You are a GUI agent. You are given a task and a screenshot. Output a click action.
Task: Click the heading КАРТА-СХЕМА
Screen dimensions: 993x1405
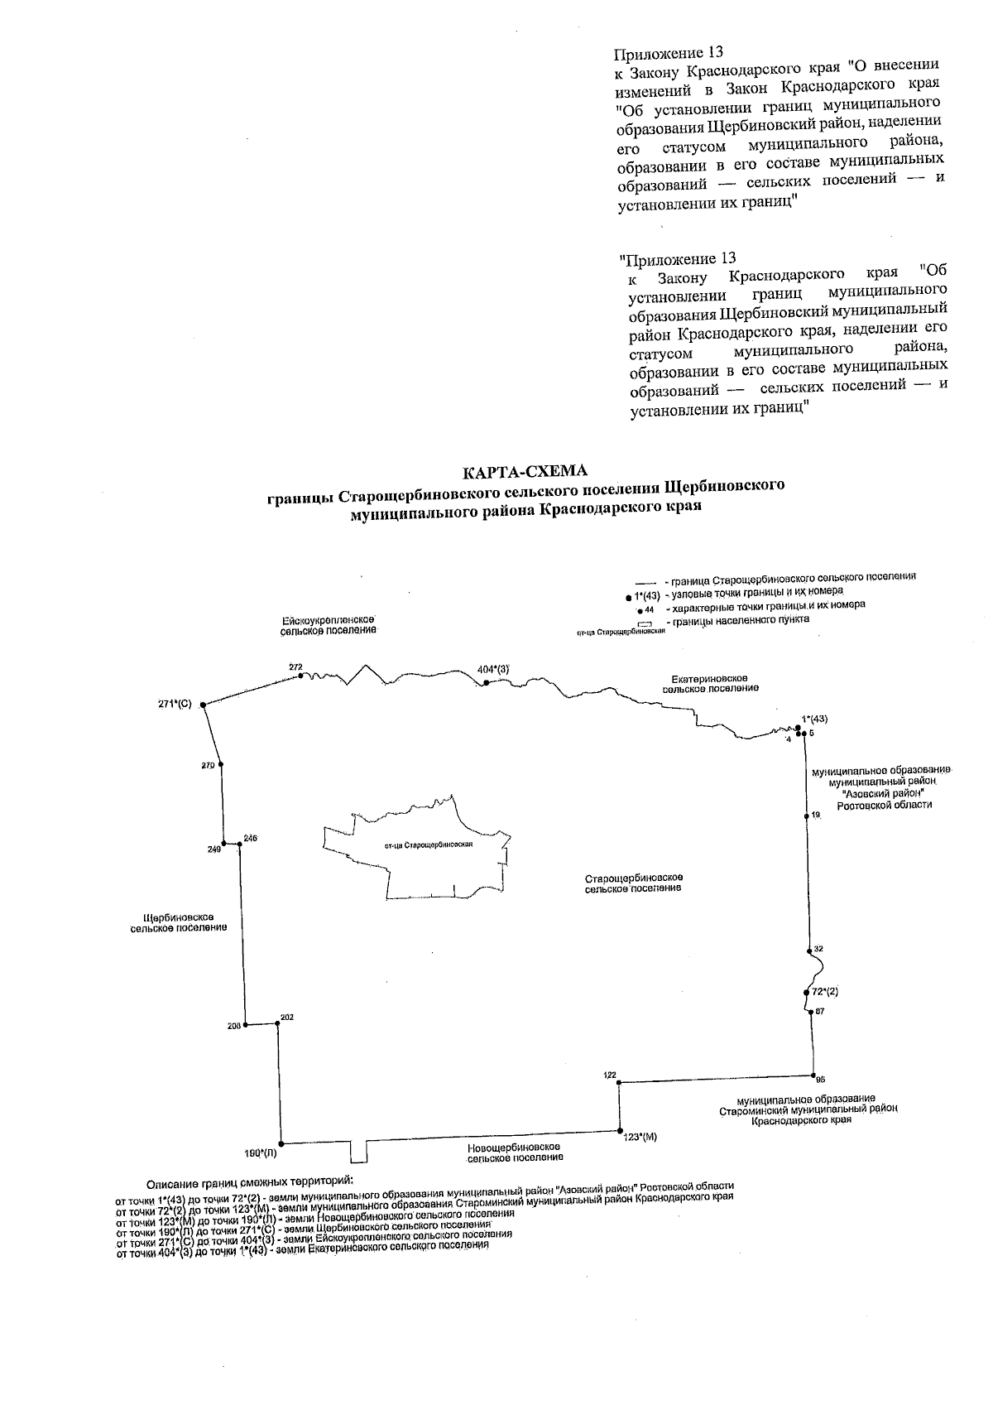tap(525, 472)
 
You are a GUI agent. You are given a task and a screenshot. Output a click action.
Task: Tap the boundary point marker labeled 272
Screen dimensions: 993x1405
tap(300, 676)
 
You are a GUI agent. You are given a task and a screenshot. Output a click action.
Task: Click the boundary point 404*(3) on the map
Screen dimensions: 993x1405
tap(487, 682)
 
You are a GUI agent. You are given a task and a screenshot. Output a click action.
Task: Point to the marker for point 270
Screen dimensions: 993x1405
tap(220, 766)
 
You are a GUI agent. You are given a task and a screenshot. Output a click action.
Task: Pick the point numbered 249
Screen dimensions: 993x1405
tap(224, 844)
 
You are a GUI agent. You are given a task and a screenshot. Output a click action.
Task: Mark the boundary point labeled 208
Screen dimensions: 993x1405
tap(245, 1025)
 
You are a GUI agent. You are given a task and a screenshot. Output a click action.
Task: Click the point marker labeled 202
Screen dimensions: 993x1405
tap(278, 1023)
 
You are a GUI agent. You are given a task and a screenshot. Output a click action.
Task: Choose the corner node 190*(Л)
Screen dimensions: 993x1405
tap(282, 1142)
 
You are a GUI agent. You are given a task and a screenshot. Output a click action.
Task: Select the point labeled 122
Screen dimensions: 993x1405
tap(619, 1082)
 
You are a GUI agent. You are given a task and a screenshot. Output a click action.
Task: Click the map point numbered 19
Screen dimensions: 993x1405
tap(807, 816)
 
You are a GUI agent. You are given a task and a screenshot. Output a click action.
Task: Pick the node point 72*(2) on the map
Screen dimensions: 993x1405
tap(807, 992)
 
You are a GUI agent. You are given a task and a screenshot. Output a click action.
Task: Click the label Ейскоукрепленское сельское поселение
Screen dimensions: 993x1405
tap(329, 624)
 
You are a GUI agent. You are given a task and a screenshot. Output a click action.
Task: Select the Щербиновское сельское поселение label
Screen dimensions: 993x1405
tap(179, 922)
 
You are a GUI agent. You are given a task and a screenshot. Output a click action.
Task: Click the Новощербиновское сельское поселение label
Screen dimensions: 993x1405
tap(514, 1152)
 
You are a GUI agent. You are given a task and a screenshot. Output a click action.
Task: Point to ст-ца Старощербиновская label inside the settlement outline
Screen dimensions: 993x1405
tap(429, 845)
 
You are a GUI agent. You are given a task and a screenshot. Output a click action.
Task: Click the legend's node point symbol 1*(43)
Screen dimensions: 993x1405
tap(629, 596)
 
